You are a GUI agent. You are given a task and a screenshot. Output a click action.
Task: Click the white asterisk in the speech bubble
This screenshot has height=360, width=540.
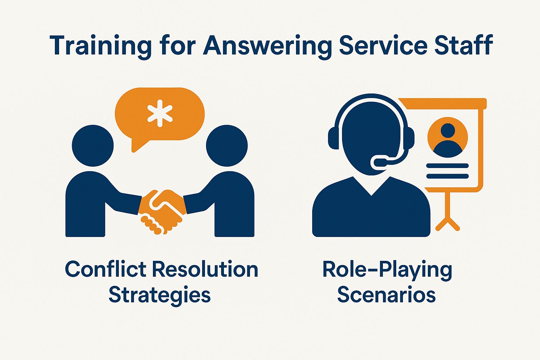[160, 114]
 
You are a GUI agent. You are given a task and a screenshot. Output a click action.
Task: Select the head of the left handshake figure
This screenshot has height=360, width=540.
[93, 146]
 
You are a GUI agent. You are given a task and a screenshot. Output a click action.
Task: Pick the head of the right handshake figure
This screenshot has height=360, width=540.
[227, 146]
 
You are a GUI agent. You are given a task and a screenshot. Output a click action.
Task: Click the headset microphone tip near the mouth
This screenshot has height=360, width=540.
[377, 162]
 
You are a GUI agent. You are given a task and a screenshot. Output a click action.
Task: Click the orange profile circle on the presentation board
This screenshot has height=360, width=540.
[448, 137]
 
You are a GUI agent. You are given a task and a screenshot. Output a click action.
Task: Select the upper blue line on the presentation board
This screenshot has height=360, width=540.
[448, 166]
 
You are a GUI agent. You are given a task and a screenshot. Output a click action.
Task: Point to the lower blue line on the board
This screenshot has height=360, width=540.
[448, 176]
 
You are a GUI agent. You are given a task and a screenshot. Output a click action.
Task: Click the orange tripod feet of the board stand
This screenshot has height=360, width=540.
[448, 224]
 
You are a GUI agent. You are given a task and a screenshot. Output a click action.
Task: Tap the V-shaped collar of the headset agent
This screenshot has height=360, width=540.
[372, 187]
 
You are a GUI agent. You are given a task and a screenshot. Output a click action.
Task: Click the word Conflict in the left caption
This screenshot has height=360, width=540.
[105, 269]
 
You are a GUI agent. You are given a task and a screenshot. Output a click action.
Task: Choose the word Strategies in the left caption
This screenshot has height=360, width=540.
[160, 295]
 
